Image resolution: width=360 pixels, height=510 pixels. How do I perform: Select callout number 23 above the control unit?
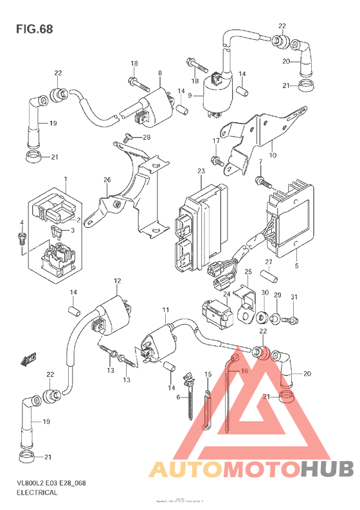click(201, 172)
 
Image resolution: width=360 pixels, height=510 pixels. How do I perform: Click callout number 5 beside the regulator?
click(279, 264)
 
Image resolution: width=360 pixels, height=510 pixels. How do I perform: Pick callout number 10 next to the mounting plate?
click(272, 155)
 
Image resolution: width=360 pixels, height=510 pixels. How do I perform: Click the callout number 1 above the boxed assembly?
click(65, 178)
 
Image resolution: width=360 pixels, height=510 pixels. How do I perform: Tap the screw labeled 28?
click(127, 136)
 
